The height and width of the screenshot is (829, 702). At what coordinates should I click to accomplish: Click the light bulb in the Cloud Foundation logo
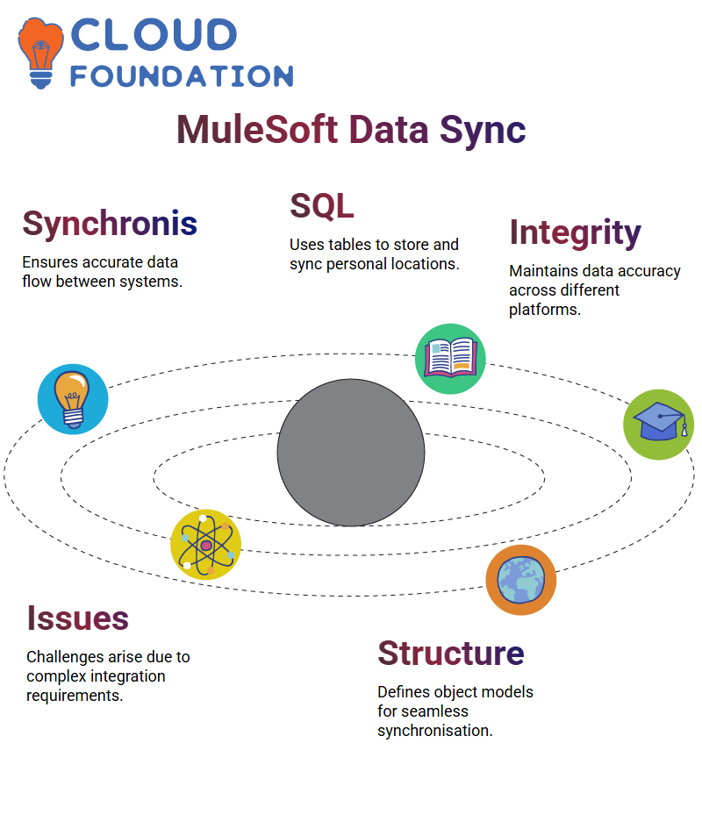tap(40, 53)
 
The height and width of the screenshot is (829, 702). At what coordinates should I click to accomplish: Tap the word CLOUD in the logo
tap(154, 35)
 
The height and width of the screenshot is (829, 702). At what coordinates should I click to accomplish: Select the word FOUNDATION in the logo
tap(182, 76)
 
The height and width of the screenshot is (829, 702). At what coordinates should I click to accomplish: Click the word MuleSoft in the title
tap(257, 130)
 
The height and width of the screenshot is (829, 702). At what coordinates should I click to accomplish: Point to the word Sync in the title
tap(483, 131)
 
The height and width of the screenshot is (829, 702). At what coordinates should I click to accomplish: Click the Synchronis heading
tap(110, 224)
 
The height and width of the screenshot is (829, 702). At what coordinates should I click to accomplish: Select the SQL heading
tap(322, 205)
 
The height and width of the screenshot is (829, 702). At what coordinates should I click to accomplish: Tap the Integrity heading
tap(575, 232)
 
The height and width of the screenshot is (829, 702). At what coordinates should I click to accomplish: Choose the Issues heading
tap(78, 618)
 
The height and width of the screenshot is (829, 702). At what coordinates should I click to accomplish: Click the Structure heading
tap(451, 653)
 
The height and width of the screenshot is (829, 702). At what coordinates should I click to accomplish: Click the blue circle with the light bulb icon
tap(73, 399)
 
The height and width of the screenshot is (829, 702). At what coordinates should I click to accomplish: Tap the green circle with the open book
tap(451, 359)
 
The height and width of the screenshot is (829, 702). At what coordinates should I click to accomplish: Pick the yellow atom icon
tap(206, 545)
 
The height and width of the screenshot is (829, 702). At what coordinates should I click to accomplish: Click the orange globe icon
tap(521, 580)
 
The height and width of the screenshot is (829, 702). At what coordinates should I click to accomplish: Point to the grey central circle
tap(351, 453)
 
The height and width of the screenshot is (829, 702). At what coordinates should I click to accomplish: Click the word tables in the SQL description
tap(349, 245)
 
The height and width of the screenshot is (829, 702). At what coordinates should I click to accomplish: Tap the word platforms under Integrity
tap(545, 310)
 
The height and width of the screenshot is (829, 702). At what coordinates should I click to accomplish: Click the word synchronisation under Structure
tap(435, 731)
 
